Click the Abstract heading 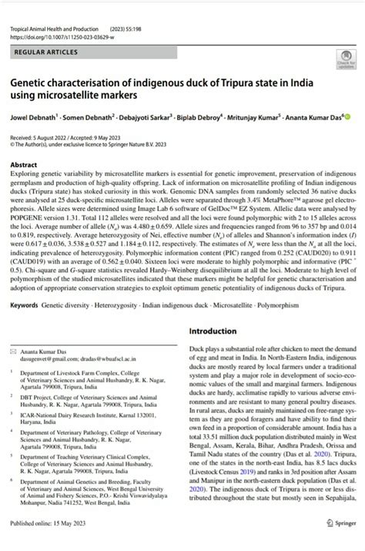[24, 166]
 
